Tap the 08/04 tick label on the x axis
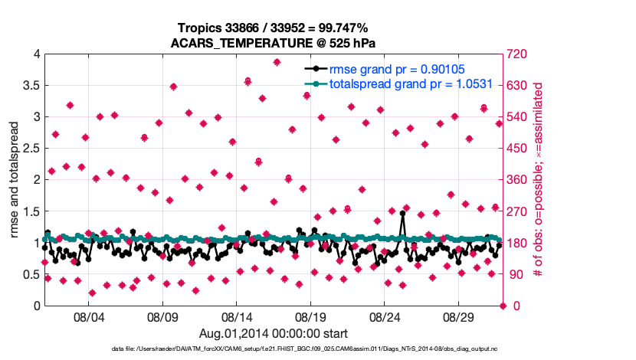[x=88, y=316]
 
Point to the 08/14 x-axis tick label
[x=237, y=316]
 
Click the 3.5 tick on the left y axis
[x=30, y=86]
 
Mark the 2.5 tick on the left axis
[x=30, y=149]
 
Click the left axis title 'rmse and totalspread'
[x=15, y=179]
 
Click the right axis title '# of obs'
[x=539, y=179]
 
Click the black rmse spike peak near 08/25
[x=402, y=214]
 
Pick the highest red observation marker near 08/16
[x=277, y=62]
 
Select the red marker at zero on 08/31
[x=503, y=306]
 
